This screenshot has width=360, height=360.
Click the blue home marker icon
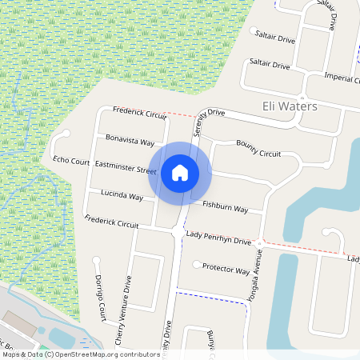click(x=180, y=172)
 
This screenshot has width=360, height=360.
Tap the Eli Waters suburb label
click(x=290, y=106)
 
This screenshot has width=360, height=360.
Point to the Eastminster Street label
click(x=126, y=167)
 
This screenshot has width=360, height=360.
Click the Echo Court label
click(x=71, y=161)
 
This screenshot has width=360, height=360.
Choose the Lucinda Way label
click(x=122, y=196)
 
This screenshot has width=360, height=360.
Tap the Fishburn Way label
click(x=225, y=207)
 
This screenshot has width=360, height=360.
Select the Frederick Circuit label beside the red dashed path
click(x=139, y=113)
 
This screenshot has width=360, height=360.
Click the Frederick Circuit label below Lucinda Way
click(x=112, y=222)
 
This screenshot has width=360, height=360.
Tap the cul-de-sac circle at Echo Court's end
click(x=66, y=134)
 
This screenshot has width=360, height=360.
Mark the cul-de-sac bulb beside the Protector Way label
click(x=197, y=264)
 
